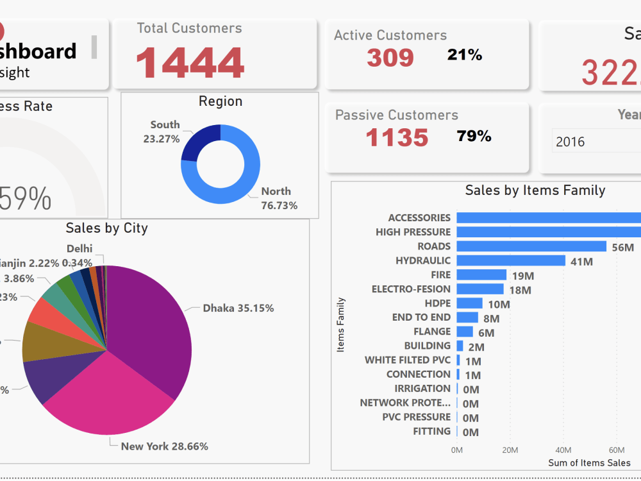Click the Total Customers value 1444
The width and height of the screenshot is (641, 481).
[x=190, y=63]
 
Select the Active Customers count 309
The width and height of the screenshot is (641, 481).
[x=390, y=58]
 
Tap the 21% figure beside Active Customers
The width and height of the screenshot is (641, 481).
[x=465, y=55]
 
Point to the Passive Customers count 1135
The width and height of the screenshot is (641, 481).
[x=397, y=137]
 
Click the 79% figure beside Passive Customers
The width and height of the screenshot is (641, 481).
[x=474, y=136]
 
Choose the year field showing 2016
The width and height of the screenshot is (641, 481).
[x=596, y=142]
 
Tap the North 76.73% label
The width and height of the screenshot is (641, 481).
[x=279, y=198]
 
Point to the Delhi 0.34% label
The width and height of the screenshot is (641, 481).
[x=79, y=255]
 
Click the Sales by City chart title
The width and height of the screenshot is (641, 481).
[x=106, y=228]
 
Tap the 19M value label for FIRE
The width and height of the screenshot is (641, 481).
[x=523, y=276]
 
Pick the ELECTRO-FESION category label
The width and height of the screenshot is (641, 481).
[x=411, y=289]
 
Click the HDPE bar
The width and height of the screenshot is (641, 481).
[x=469, y=303]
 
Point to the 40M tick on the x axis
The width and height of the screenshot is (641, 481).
[x=563, y=450]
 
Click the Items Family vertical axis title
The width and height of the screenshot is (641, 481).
[x=341, y=325]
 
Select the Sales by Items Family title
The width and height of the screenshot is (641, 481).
[x=535, y=190]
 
